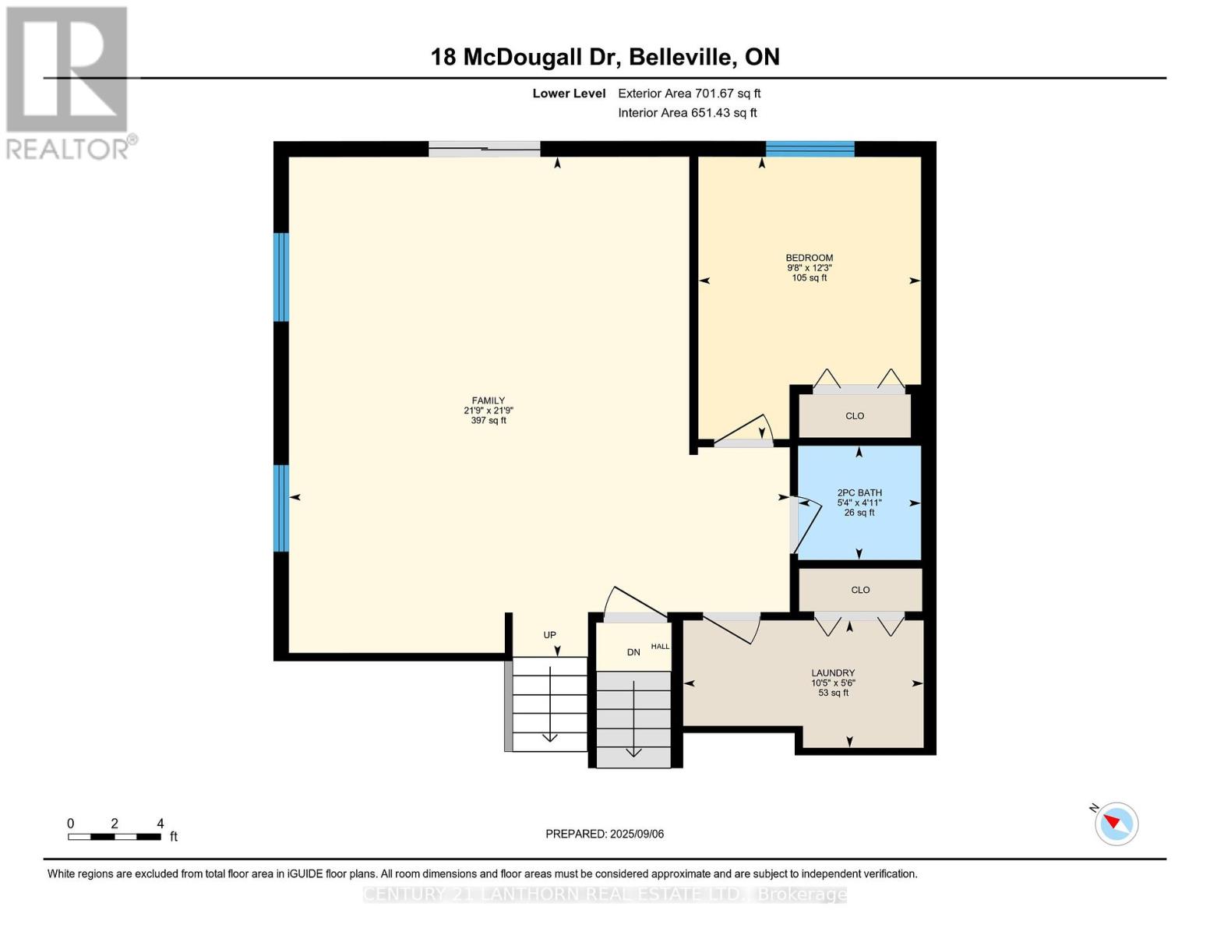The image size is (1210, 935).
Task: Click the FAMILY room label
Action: [x=489, y=400]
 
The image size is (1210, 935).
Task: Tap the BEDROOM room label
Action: [x=809, y=258]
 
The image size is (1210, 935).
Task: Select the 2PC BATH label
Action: [x=859, y=492]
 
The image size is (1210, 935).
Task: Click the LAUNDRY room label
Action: [x=833, y=673]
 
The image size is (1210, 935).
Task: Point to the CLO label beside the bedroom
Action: [x=855, y=416]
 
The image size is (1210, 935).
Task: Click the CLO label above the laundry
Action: [x=860, y=590]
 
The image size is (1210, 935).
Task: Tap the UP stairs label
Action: [x=549, y=635]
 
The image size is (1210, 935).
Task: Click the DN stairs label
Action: [x=633, y=652]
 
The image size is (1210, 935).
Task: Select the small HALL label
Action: [x=660, y=647]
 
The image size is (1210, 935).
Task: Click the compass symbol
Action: [x=1117, y=824]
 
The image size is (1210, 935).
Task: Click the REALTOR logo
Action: [x=68, y=82]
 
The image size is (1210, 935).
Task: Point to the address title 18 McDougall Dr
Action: [x=605, y=57]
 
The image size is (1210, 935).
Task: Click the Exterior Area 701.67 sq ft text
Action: [x=689, y=93]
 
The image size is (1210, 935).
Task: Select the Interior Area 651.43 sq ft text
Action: [x=687, y=113]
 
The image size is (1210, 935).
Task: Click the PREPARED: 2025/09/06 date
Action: [x=605, y=834]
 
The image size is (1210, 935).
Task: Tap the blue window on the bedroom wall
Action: [x=810, y=149]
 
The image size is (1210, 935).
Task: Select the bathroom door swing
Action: [x=807, y=526]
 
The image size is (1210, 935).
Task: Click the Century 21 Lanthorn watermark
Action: [x=605, y=894]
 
